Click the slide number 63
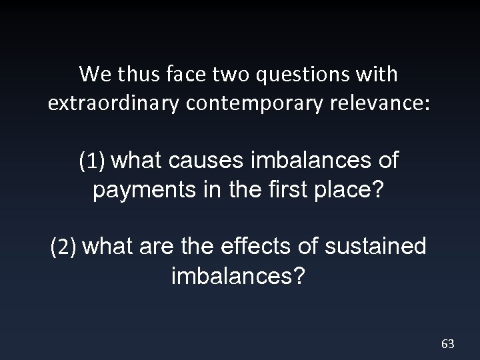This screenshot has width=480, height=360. (x=447, y=344)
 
